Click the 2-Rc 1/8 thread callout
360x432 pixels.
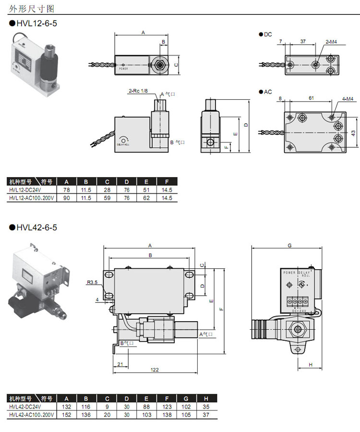pyautogui.click(x=138, y=91)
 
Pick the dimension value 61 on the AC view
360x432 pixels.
pyautogui.click(x=311, y=98)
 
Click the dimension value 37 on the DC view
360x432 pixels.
pyautogui.click(x=303, y=42)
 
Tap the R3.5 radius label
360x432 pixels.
pyautogui.click(x=93, y=283)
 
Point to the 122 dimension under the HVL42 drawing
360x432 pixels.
pyautogui.click(x=155, y=370)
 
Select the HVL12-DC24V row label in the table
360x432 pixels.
pyautogui.click(x=25, y=190)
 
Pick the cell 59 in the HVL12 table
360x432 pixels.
pyautogui.click(x=107, y=197)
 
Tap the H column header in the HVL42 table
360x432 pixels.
pyautogui.click(x=206, y=398)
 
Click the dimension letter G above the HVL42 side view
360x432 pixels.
pyautogui.click(x=289, y=245)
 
